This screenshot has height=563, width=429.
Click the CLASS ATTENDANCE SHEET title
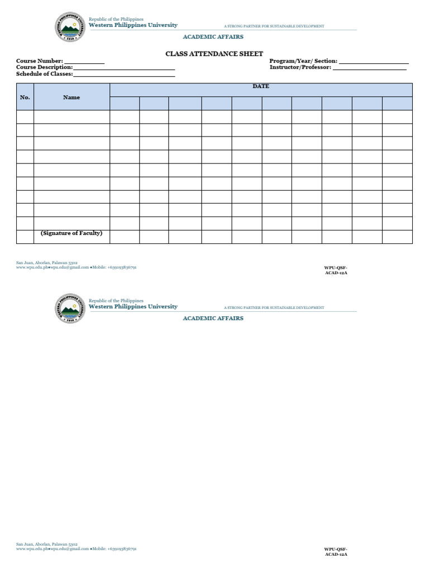214,54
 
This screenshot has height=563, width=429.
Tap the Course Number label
39,61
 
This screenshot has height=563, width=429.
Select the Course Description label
44,67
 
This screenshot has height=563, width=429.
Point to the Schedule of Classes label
44,74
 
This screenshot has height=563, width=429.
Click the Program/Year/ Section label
303,61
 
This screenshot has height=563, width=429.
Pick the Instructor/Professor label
301,67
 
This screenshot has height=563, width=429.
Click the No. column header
25,97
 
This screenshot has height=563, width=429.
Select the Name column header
71,97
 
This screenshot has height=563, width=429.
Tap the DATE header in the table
261,86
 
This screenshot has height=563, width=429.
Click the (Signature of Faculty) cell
71,233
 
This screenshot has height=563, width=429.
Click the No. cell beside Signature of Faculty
25,237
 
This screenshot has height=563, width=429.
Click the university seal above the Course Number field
70,27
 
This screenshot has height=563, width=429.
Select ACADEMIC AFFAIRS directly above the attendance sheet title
213,37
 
